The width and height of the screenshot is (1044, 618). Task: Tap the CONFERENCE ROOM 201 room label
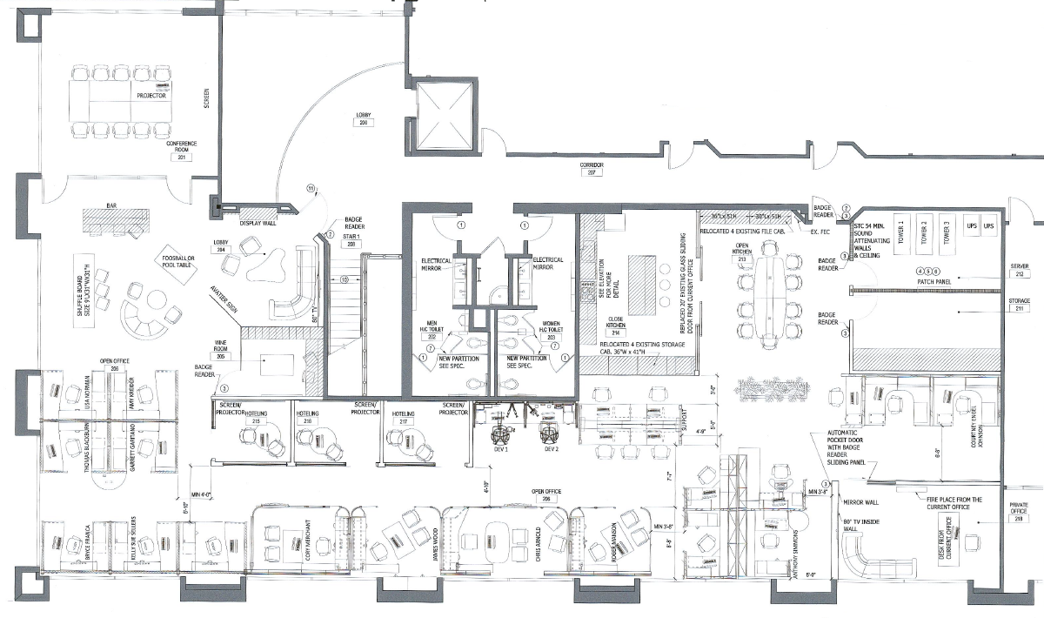click(183, 150)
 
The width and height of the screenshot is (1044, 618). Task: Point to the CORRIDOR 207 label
click(592, 168)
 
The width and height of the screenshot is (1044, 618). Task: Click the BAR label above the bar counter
click(112, 206)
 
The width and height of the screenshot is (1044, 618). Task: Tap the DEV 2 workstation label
click(550, 449)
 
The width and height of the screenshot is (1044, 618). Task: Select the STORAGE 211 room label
click(1020, 305)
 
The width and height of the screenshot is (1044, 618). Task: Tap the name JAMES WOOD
click(432, 547)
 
